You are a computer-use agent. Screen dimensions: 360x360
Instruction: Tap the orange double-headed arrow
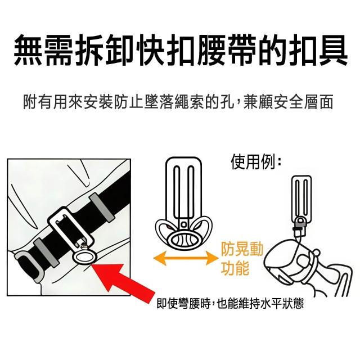(186, 258)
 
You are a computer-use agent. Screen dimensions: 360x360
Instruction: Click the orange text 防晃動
(242, 249)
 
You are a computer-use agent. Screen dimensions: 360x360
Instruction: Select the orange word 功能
(235, 268)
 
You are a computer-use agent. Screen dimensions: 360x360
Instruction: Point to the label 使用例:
(256, 162)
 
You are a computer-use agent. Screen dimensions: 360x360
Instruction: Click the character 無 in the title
(29, 50)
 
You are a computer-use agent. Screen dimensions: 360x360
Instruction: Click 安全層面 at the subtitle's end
(304, 102)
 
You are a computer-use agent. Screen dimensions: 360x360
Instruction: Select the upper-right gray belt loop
(102, 208)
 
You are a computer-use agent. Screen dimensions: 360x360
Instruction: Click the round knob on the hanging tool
(316, 252)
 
